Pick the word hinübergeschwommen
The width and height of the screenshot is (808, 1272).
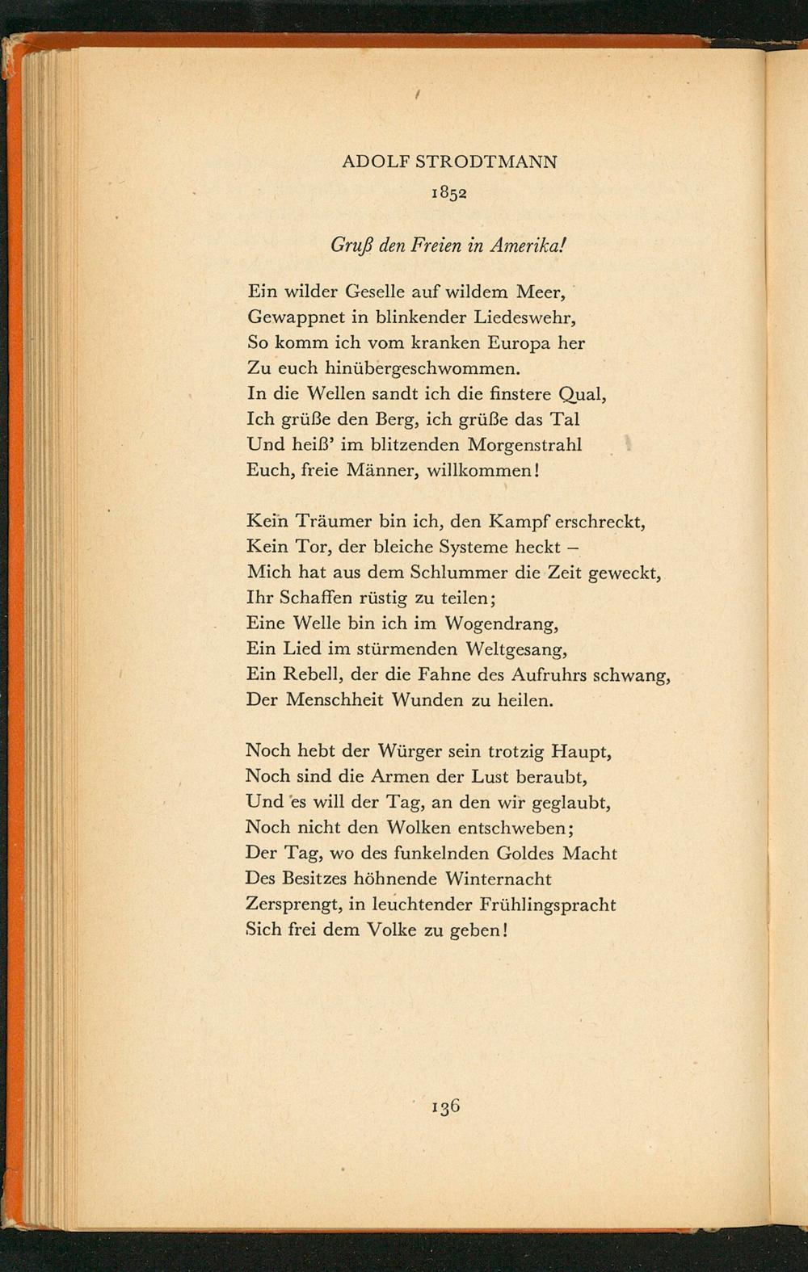(x=419, y=369)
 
